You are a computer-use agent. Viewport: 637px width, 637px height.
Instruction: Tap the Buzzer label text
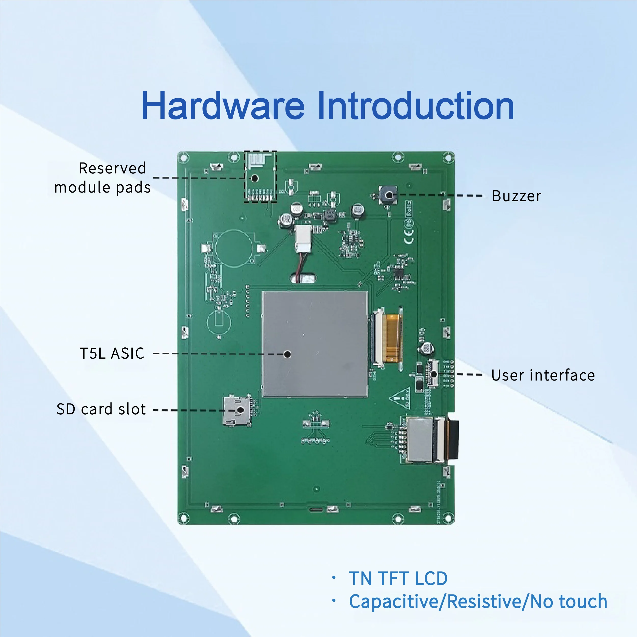tap(516, 196)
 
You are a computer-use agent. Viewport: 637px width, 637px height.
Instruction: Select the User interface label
tap(543, 375)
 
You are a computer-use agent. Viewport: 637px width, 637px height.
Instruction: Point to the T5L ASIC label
tap(112, 354)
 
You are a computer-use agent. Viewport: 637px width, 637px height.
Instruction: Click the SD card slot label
tap(101, 409)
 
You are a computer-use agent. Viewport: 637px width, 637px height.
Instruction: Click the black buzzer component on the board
tap(388, 195)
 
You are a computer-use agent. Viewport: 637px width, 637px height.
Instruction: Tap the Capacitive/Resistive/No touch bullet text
tap(478, 602)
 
